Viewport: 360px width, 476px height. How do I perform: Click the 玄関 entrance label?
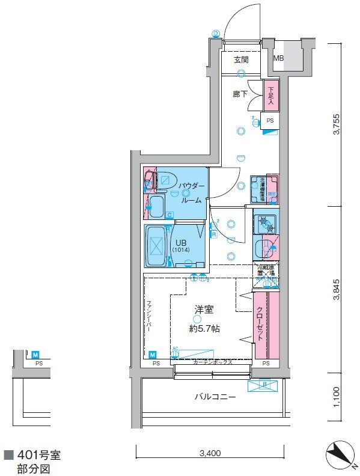click(x=241, y=59)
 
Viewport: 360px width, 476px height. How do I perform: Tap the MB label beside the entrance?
click(x=278, y=59)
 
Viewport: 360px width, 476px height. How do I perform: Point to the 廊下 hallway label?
click(x=240, y=94)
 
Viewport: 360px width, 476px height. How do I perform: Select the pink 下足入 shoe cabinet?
click(x=270, y=96)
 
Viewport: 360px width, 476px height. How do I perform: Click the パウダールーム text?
click(x=192, y=194)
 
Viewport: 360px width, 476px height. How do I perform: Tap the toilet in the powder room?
click(x=163, y=179)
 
